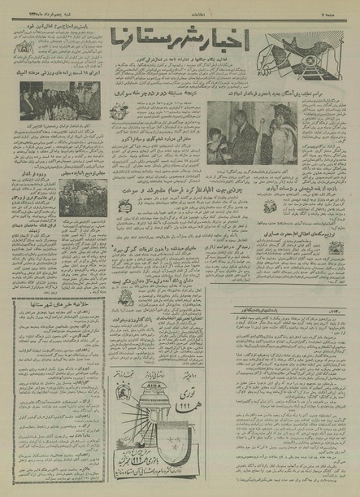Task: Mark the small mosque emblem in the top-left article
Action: (21, 48)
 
